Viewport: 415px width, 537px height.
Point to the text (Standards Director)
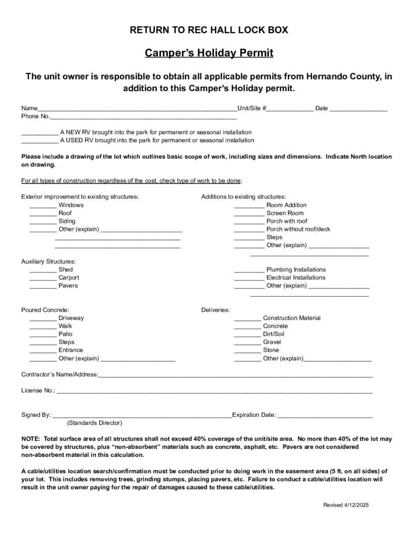94,423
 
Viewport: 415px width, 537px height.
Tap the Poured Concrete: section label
45,310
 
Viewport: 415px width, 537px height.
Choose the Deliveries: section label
216,310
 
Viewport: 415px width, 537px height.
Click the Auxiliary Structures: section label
49,261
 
